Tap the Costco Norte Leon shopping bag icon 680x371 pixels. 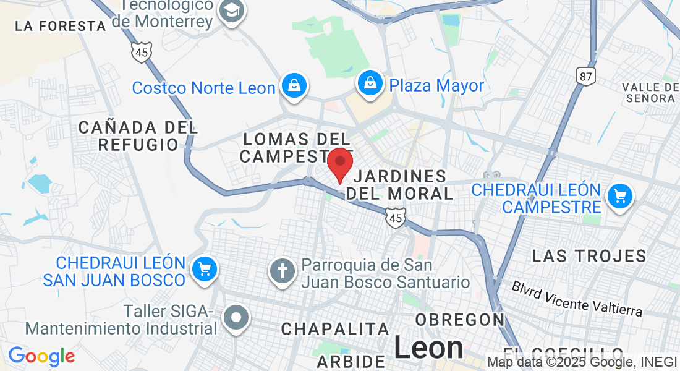click(x=294, y=86)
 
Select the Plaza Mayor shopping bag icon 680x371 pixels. click(x=370, y=84)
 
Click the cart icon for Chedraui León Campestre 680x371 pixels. click(x=619, y=197)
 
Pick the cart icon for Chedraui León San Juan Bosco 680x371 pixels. click(x=204, y=270)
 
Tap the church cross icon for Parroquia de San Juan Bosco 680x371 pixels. click(x=283, y=271)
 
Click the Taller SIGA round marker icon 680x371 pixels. click(x=236, y=319)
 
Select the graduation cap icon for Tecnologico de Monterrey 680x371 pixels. click(x=232, y=11)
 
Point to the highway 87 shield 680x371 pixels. click(x=585, y=76)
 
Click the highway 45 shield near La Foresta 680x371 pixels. click(x=142, y=53)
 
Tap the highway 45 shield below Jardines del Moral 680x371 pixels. click(x=395, y=218)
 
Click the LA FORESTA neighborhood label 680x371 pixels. click(x=61, y=26)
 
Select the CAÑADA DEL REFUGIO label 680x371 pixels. click(x=138, y=136)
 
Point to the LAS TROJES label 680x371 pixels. click(x=589, y=255)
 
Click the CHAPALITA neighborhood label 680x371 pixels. click(x=335, y=329)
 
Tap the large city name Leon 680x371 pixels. click(x=428, y=348)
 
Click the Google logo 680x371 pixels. click(x=41, y=356)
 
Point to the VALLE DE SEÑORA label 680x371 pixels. click(x=649, y=92)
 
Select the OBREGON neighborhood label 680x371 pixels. click(x=461, y=320)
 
